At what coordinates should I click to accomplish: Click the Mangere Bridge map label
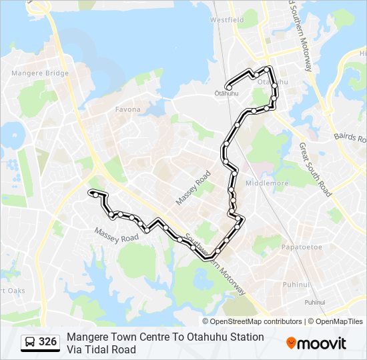(x=39, y=73)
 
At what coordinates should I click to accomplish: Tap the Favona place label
(x=127, y=109)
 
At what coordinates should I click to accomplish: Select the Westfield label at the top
(x=227, y=21)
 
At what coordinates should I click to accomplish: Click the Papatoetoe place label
(x=302, y=247)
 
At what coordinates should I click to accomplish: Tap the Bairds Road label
(x=350, y=136)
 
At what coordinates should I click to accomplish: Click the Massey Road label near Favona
(x=194, y=187)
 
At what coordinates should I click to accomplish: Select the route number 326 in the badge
(x=47, y=342)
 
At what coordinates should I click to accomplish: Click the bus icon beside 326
(x=30, y=343)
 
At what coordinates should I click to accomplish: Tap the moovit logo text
(x=322, y=343)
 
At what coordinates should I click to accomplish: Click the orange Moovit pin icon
(x=291, y=343)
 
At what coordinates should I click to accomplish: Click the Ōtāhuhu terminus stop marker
(x=229, y=87)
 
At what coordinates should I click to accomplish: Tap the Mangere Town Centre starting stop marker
(x=90, y=193)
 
